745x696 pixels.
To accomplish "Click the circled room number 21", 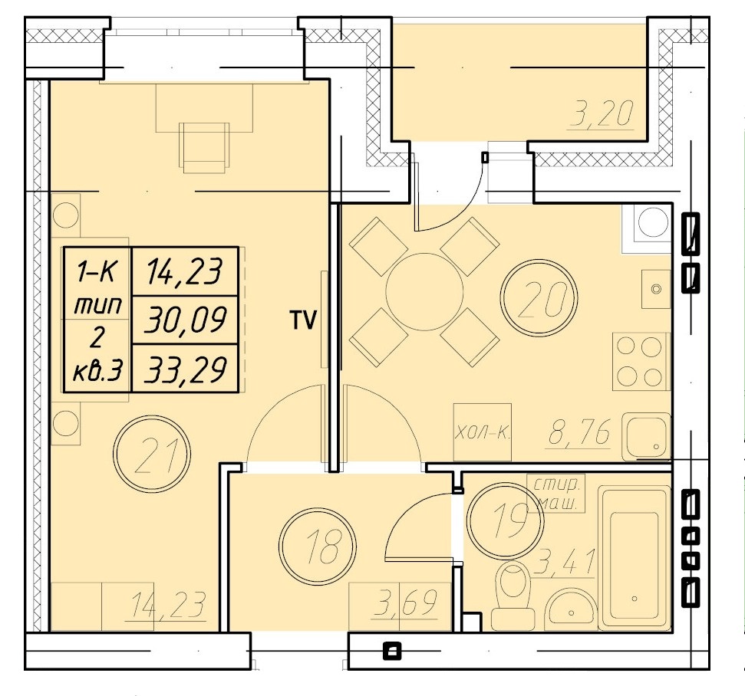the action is tap(152, 454).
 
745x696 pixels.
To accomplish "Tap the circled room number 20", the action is tap(539, 298).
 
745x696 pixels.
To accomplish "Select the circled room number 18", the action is tap(318, 547).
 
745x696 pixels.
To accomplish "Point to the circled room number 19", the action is tap(505, 520).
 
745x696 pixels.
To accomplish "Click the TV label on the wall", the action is tap(303, 320).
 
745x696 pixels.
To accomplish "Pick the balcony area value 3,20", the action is tap(602, 114).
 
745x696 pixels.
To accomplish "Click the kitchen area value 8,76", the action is tap(580, 432).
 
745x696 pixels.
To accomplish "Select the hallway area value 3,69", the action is tap(405, 602).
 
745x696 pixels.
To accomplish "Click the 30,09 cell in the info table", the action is tap(185, 320).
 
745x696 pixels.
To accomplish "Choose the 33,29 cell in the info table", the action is tap(185, 369).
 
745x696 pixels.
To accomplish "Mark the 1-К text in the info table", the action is tap(97, 272).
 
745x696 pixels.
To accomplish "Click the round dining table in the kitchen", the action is tap(424, 291).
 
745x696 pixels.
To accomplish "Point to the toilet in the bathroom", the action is tap(513, 594).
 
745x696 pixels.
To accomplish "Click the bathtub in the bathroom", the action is tap(635, 558).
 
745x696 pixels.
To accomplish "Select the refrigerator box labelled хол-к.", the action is tap(483, 432).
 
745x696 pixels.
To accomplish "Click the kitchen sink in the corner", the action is tap(647, 436).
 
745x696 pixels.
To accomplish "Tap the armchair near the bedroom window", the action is tap(203, 147).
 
